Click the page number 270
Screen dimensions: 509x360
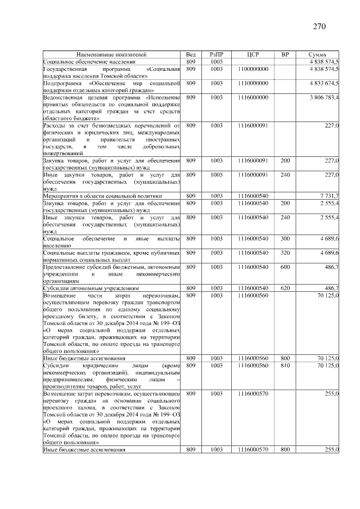pos(319,26)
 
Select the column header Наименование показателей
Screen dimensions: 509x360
pos(111,54)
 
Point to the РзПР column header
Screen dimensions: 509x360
pos(217,54)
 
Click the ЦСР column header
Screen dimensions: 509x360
pos(253,54)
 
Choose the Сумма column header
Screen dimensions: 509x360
pos(318,54)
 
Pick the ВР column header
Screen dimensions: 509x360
pos(285,54)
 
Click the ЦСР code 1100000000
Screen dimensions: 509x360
pos(253,69)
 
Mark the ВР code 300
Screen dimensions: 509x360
pos(285,238)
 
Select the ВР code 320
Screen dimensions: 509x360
pos(285,253)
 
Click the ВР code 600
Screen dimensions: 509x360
pos(285,267)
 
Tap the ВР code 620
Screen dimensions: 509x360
pos(285,288)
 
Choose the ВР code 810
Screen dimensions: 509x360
pos(285,365)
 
